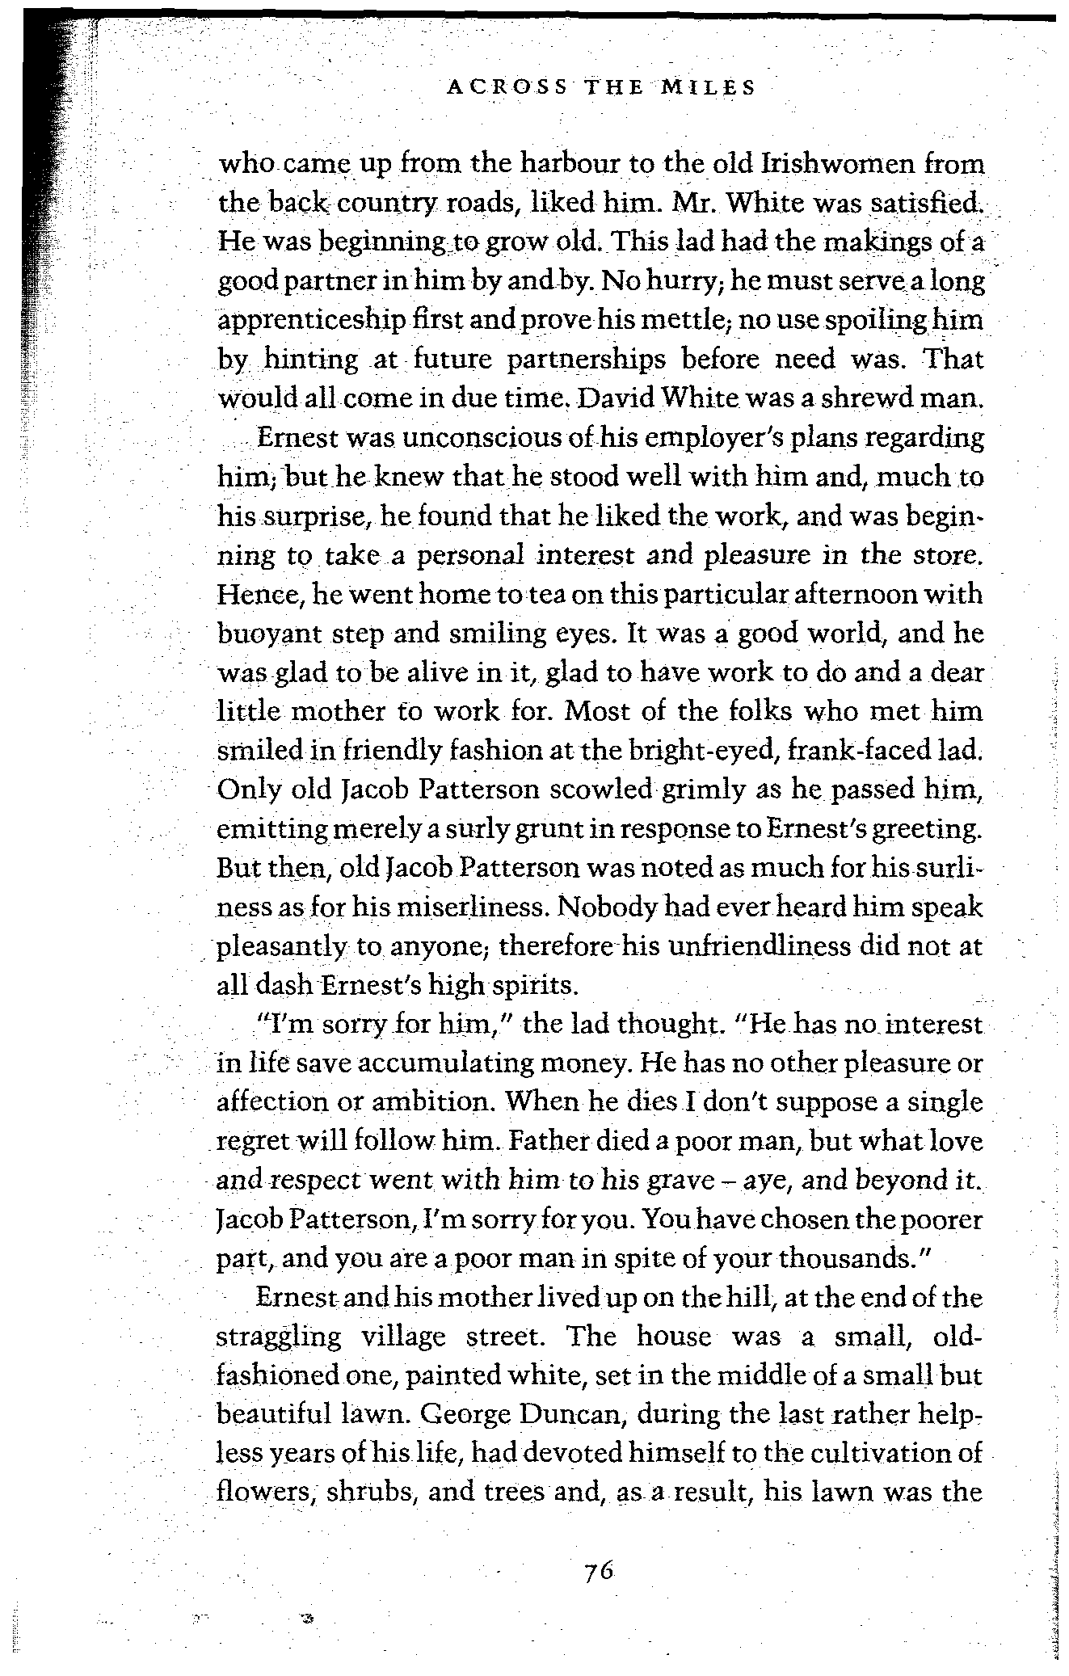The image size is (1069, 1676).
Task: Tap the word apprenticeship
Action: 309,320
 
